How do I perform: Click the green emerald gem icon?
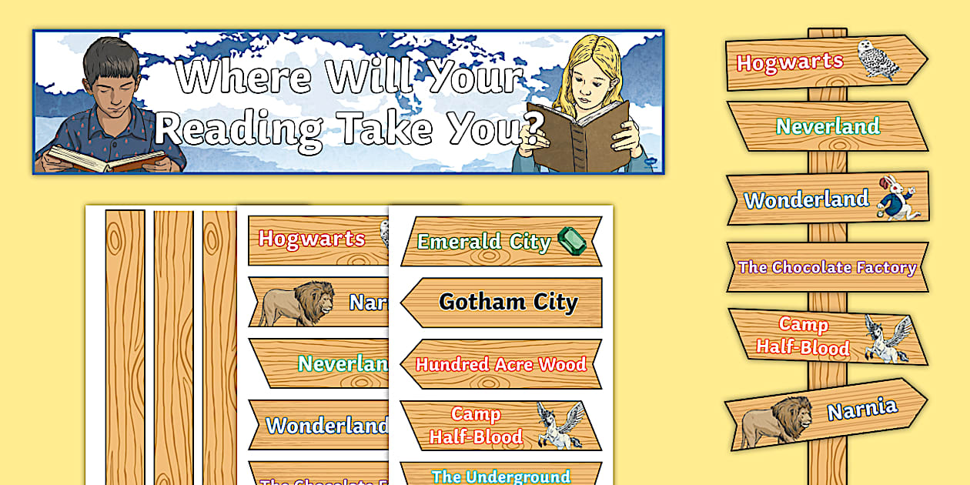[x=571, y=241]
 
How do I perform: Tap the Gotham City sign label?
[x=508, y=302]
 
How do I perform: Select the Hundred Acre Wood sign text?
[x=501, y=364]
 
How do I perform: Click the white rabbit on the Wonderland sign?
[x=894, y=196]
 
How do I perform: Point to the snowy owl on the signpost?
[x=878, y=58]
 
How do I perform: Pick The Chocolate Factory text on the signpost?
[x=827, y=267]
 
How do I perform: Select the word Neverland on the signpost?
[x=828, y=126]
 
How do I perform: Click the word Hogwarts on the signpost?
[x=790, y=62]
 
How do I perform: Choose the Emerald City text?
[x=483, y=242]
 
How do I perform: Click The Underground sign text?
[x=501, y=476]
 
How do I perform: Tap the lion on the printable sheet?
[x=297, y=303]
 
